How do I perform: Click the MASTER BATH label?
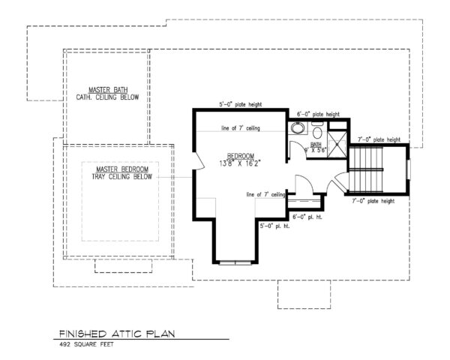(107, 89)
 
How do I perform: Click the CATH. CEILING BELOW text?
(107, 97)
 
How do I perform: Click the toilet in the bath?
(318, 135)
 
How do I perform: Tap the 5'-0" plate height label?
(239, 105)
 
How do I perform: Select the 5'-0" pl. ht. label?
(274, 225)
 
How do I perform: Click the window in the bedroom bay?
(235, 262)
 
